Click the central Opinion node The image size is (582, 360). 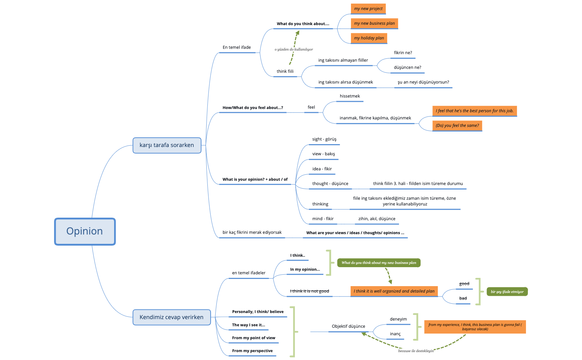(x=85, y=231)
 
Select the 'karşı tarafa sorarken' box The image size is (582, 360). (x=167, y=145)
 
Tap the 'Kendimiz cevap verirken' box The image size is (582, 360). (x=172, y=317)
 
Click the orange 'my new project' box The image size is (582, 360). (x=368, y=9)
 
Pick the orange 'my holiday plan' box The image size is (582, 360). (x=369, y=38)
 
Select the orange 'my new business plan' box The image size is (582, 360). (x=374, y=23)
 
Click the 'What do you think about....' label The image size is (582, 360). (x=303, y=24)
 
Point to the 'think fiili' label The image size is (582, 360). (x=285, y=71)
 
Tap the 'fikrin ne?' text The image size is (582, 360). (x=403, y=53)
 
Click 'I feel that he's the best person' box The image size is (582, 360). (x=474, y=111)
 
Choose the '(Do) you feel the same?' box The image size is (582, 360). (x=457, y=125)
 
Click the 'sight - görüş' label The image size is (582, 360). (x=324, y=139)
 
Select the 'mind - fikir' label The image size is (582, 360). (x=323, y=219)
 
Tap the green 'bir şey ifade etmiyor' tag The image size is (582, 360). (x=507, y=292)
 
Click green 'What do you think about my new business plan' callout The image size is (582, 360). (x=379, y=263)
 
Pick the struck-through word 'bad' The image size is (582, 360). (x=463, y=298)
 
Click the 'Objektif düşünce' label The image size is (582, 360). (x=348, y=326)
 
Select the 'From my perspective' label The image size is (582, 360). (x=252, y=351)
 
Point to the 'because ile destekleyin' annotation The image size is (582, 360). (x=416, y=351)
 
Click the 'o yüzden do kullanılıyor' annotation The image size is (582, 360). (x=294, y=49)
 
